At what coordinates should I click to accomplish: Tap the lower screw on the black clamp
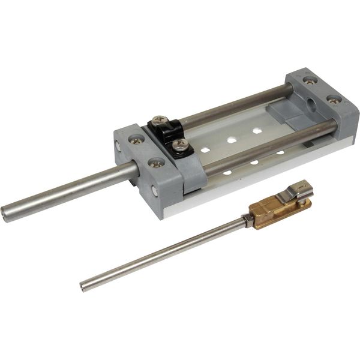[x=178, y=145]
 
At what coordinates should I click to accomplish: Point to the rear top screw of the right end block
[x=308, y=79]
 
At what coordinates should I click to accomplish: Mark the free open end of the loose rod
[x=84, y=286]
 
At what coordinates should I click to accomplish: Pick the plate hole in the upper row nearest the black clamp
[x=206, y=148]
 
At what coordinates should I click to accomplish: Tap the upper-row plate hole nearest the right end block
[x=256, y=130]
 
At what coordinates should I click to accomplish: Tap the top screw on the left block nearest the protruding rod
[x=136, y=139]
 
